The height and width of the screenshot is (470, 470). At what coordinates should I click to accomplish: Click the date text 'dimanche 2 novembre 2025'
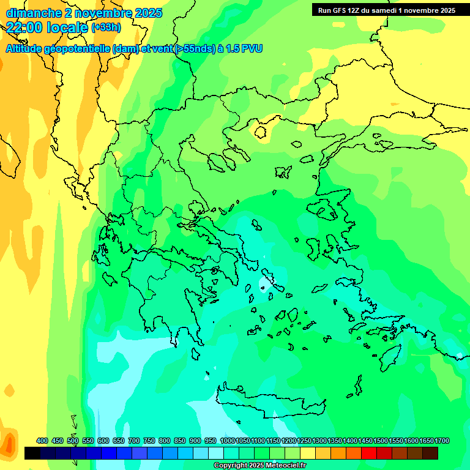pos(84,13)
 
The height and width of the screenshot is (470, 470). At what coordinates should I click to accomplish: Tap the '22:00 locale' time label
pos(47,28)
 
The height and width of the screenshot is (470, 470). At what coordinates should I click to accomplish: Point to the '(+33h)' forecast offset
pos(106,28)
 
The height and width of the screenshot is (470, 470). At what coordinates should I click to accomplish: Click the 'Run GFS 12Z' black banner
pos(387,10)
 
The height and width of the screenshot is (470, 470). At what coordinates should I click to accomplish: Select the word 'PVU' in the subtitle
pos(250,49)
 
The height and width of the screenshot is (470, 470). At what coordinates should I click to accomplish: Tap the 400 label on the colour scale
pos(42,441)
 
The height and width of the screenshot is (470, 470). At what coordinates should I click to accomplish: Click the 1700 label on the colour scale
pos(442,441)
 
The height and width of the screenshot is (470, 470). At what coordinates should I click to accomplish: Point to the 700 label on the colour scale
pos(134,441)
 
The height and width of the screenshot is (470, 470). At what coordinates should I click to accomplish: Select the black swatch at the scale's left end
pos(32,453)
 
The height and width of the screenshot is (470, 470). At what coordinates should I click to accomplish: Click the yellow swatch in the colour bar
pos(308,453)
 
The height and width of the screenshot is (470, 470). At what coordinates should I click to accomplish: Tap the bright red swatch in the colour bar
pos(369,453)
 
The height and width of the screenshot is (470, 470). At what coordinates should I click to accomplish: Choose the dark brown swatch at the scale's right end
pos(430,453)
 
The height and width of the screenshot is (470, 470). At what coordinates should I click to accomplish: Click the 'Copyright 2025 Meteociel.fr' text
pos(259,465)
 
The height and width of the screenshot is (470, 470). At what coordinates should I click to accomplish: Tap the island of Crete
pos(263,401)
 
